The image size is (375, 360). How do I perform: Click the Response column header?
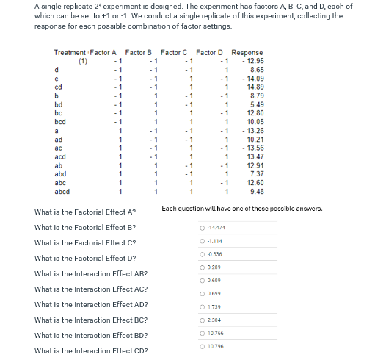coord(247,52)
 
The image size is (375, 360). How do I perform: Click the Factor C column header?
coord(175,52)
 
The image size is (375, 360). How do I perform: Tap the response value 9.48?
coord(247,192)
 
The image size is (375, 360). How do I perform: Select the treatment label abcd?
coord(62,192)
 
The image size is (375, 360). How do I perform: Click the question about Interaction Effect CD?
coord(92,350)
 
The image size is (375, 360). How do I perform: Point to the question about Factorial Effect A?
coord(85,212)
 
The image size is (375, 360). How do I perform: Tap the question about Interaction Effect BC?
coord(92,320)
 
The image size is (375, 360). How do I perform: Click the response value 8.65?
coord(247,68)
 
